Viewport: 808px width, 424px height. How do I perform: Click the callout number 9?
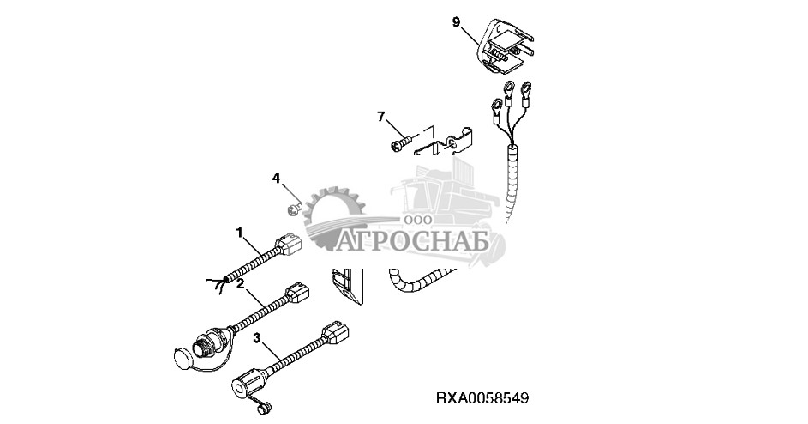456,22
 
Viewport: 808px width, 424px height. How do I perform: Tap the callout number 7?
380,117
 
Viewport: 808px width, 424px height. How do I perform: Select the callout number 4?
277,179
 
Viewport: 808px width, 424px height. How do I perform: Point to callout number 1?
239,233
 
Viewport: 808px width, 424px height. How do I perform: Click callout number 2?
240,284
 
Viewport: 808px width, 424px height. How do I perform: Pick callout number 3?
257,338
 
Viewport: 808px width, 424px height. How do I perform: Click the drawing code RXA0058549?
482,399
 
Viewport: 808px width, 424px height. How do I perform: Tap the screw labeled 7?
403,142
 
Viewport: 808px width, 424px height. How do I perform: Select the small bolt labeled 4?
293,209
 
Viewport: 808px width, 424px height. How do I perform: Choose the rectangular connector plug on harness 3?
336,334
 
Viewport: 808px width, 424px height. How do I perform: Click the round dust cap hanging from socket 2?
183,357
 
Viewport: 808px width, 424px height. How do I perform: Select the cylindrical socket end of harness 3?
248,385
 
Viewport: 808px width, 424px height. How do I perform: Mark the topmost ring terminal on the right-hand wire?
527,91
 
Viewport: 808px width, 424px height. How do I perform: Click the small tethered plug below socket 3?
263,409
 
